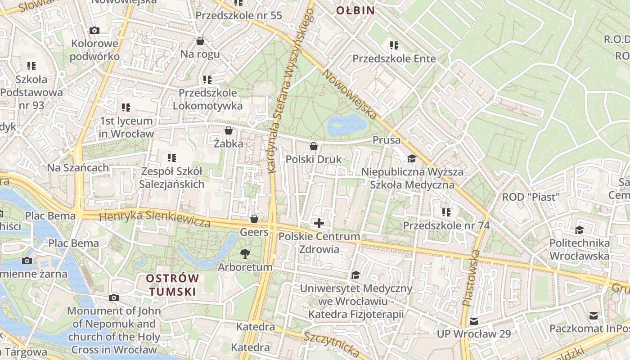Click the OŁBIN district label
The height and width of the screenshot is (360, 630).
click(x=355, y=10)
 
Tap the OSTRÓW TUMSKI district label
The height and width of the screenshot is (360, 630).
click(x=172, y=285)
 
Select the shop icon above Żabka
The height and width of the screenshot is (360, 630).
click(x=229, y=131)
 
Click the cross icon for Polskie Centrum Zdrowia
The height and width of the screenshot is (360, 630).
click(x=319, y=223)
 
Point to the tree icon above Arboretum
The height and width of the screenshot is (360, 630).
click(x=245, y=254)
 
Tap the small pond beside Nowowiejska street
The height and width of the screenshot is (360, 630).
click(x=346, y=125)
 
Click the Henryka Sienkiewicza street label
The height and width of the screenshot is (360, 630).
click(x=155, y=218)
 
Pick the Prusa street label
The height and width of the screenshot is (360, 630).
click(x=386, y=140)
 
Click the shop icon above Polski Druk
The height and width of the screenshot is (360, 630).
click(x=314, y=146)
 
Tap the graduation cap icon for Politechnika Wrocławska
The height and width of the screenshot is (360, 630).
click(x=579, y=230)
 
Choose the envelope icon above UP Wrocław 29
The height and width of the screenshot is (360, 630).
click(x=474, y=321)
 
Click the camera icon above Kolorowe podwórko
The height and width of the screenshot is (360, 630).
click(x=94, y=31)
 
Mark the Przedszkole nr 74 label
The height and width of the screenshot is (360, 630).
click(x=446, y=225)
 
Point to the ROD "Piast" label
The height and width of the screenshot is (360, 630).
click(x=531, y=197)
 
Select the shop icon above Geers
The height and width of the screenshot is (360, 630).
click(x=254, y=219)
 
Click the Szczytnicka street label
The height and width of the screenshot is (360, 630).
click(x=331, y=344)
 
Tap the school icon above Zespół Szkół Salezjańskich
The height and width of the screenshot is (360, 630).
click(x=171, y=158)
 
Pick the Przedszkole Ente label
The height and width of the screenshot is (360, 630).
click(x=394, y=58)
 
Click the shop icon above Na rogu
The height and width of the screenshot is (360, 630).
click(x=200, y=41)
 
